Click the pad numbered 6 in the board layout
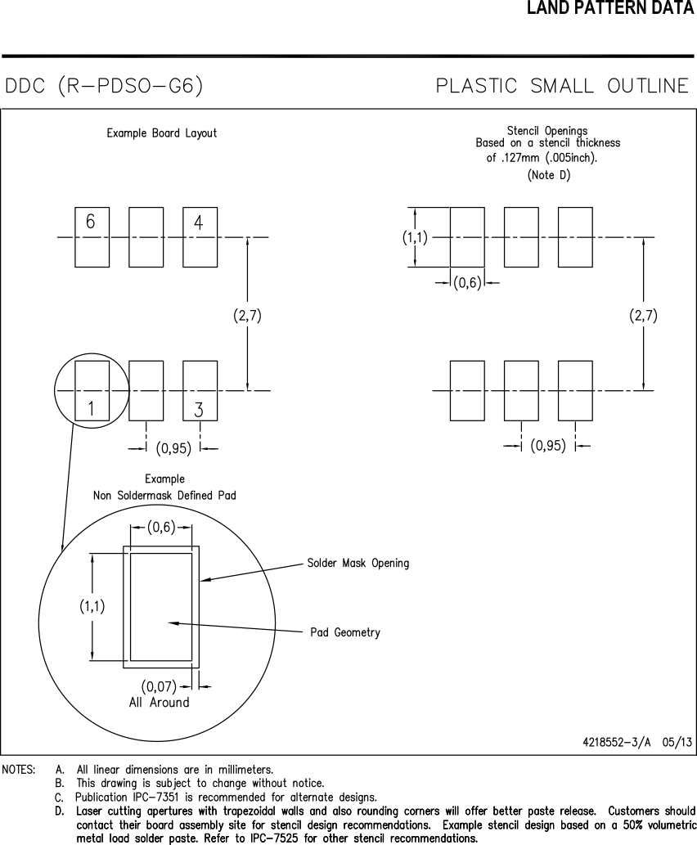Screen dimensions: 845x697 [x=92, y=237]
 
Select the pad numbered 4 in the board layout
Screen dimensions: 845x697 [x=199, y=237]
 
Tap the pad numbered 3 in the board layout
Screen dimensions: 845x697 [x=199, y=390]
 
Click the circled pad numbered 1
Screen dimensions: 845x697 [x=92, y=390]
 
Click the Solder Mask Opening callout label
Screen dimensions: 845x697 [x=357, y=563]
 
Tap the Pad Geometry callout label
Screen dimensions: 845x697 [x=345, y=632]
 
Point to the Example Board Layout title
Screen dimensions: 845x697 [x=162, y=133]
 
